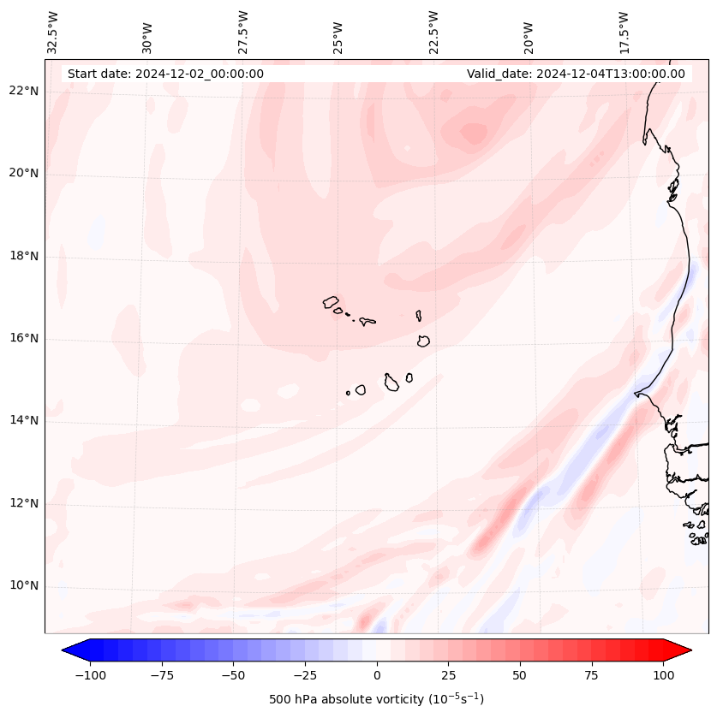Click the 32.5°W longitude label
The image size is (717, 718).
coord(53,32)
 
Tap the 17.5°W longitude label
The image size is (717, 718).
coord(624,32)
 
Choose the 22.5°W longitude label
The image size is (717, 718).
coord(433,32)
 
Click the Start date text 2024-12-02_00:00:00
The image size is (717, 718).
coord(165,74)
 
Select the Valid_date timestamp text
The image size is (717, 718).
coord(576,74)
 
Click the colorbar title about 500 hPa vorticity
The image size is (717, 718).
coord(376,699)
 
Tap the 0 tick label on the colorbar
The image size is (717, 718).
coord(377,675)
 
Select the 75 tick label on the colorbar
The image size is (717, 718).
coord(591,675)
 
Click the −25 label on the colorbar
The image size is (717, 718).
coord(305,675)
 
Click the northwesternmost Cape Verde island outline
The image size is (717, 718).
coord(331,302)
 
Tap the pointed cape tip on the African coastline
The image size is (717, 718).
coord(635,394)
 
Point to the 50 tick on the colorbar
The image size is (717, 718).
coord(520,675)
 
